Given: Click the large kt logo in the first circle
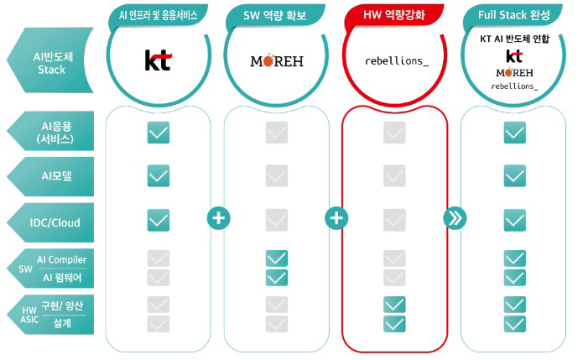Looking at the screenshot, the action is pyautogui.click(x=158, y=60).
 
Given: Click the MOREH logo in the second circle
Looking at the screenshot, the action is pyautogui.click(x=276, y=61).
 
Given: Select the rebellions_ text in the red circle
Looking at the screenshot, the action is pyautogui.click(x=394, y=61).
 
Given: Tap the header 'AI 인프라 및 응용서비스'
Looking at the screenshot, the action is pyautogui.click(x=158, y=15).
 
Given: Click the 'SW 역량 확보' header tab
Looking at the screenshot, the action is pyautogui.click(x=276, y=15).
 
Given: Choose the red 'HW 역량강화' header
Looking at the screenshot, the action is pyautogui.click(x=394, y=15).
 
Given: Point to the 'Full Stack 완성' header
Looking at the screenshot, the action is pyautogui.click(x=513, y=15).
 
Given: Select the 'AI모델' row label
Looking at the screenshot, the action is pyautogui.click(x=56, y=175).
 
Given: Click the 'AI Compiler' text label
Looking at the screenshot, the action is pyautogui.click(x=61, y=259).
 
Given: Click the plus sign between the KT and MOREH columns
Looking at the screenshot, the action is pyautogui.click(x=218, y=218).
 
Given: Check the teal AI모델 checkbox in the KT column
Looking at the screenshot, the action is pyautogui.click(x=158, y=175).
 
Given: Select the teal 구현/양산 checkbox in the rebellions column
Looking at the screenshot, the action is pyautogui.click(x=394, y=305).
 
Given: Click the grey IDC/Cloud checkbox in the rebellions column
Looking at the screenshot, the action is pyautogui.click(x=394, y=219).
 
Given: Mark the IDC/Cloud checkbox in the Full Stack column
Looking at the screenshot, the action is pyautogui.click(x=514, y=219).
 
